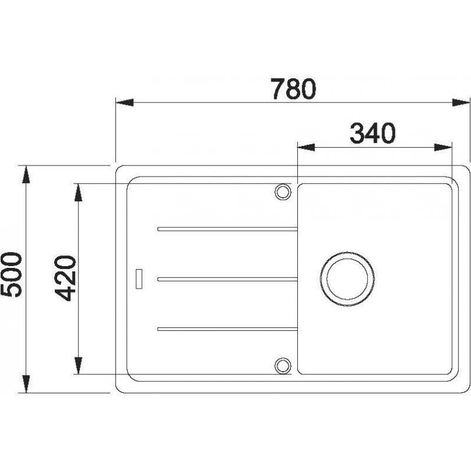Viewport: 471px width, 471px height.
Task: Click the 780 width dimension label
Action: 293,89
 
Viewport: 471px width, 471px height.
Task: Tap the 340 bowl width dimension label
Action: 373,134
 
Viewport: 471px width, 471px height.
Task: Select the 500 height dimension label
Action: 12,275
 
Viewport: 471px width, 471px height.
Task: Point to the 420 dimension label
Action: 65,278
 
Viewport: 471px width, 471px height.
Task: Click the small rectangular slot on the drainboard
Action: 139,278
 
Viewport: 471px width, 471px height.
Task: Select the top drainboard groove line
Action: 227,229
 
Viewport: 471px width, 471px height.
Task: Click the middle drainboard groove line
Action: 227,279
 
